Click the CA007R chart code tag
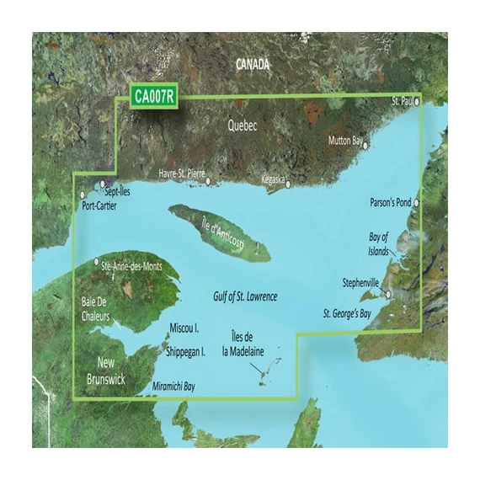153,97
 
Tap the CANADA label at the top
253,64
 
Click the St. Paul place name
402,101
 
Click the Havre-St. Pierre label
182,173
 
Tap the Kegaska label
274,180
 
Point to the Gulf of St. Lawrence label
245,297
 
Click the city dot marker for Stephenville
388,294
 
